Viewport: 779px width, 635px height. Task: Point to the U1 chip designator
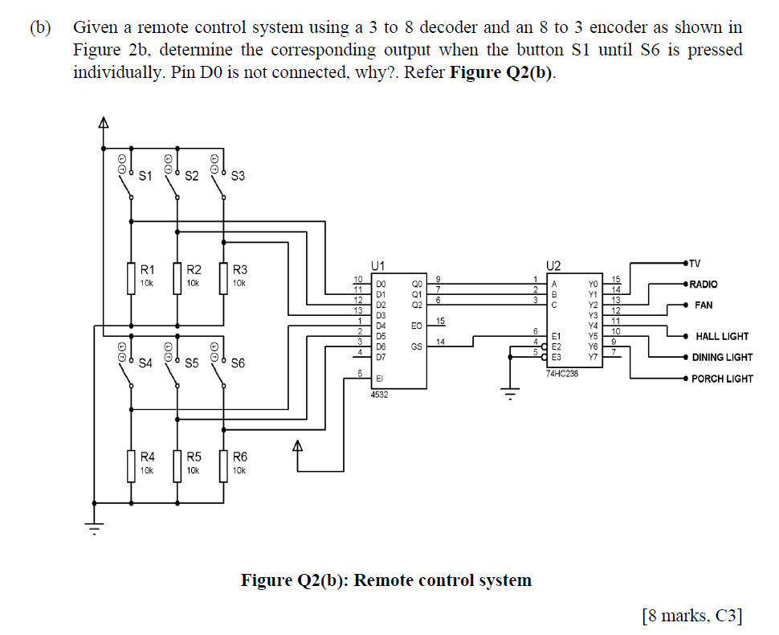377,264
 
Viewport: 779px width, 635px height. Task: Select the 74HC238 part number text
562,374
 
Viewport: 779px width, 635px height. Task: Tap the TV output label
695,263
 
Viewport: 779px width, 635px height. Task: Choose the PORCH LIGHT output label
722,379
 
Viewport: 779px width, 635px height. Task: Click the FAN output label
704,305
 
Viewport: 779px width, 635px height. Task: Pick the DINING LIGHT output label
722,358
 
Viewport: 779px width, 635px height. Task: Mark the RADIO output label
704,285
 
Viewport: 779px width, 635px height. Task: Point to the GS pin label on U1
416,346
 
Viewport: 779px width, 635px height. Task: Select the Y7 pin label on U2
593,357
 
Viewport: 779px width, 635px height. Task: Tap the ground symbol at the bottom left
95,529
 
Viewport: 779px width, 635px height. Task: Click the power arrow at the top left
103,124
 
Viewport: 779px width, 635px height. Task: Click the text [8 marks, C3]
692,617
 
